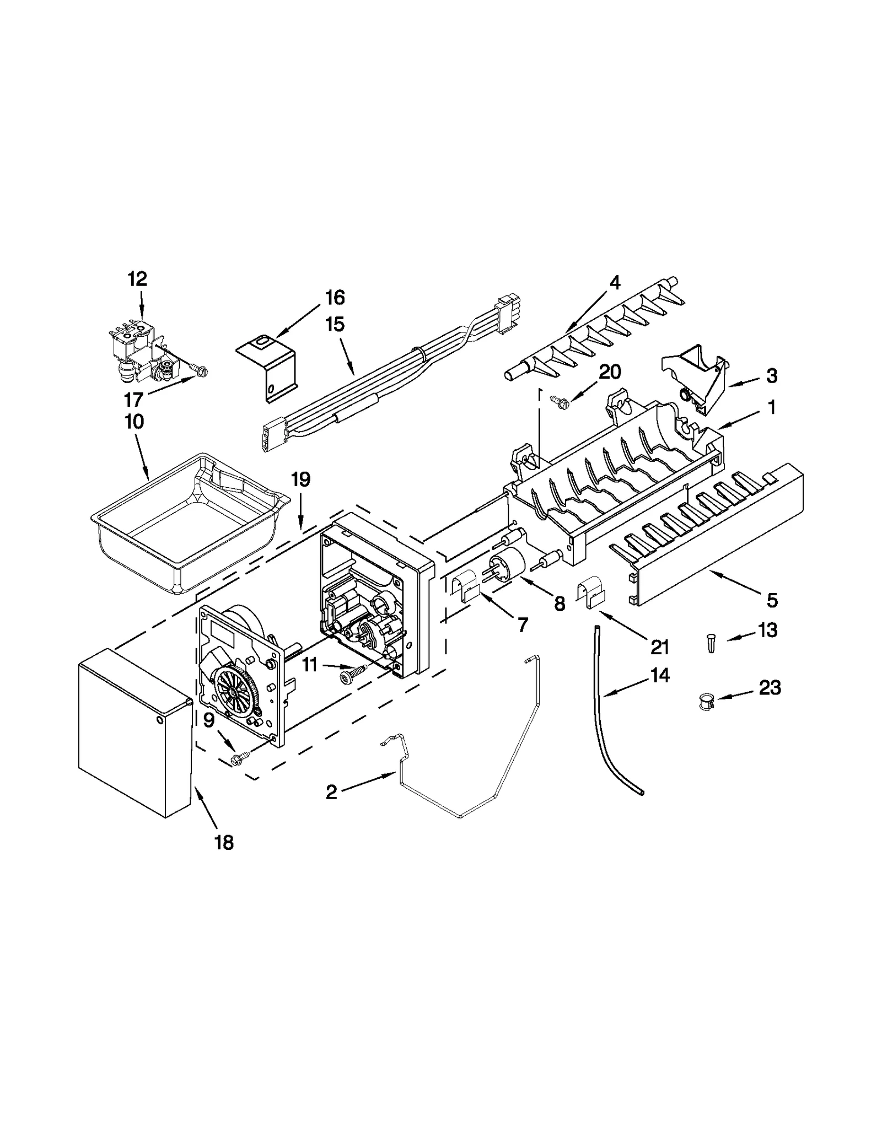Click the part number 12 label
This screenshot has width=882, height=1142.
138,279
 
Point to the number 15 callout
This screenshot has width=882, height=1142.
335,324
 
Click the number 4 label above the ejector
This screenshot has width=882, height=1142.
615,283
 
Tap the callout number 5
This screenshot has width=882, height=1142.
772,600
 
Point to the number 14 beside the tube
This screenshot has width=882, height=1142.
659,675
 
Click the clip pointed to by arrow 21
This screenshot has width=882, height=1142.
590,591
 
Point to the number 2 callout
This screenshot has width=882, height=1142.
331,793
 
